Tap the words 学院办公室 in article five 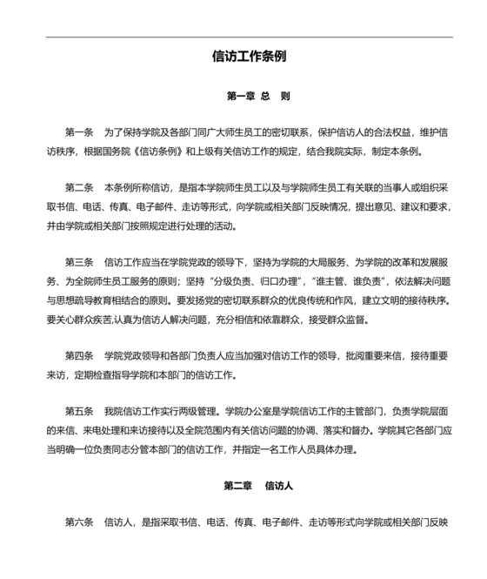(249, 410)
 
